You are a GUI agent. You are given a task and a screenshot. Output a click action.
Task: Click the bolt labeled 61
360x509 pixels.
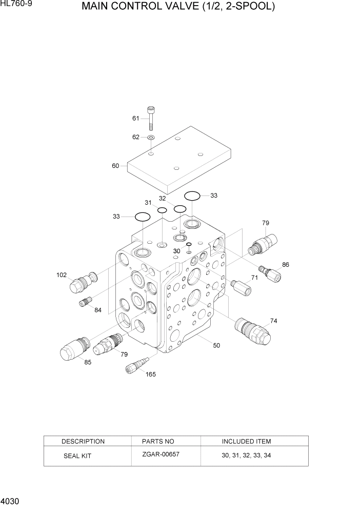tap(151, 118)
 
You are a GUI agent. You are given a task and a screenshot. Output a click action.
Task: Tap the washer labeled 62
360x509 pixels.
tap(151, 138)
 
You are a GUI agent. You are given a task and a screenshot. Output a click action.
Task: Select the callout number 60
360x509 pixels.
tap(115, 166)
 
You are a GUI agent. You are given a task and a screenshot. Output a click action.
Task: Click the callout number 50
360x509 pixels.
tap(216, 345)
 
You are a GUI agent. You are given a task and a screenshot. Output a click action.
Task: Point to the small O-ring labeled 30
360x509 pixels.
tap(189, 244)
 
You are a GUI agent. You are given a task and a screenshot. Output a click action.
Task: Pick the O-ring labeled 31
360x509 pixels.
tap(162, 210)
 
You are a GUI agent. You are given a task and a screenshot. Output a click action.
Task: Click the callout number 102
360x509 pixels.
tap(62, 275)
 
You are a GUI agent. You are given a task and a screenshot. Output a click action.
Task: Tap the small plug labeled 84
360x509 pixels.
tap(85, 303)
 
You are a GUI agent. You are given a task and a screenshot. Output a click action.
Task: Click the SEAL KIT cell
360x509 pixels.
tap(77, 456)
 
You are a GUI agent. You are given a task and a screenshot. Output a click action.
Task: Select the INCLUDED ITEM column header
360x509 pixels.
tap(246, 441)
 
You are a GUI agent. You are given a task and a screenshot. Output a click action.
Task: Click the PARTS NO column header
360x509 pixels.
tap(158, 441)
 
